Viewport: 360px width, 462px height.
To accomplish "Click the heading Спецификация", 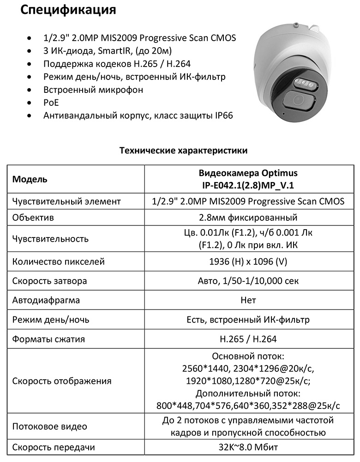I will [x=68, y=10].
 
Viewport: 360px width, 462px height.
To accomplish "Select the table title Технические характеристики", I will [x=183, y=151].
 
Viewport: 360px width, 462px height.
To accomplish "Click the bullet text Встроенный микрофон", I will [x=93, y=90].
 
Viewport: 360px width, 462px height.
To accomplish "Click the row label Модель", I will [x=30, y=179].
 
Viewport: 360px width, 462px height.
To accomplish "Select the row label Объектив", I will [x=33, y=217].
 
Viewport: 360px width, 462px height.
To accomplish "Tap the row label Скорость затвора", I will [x=49, y=281].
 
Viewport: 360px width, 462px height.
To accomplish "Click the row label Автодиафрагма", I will [x=46, y=300].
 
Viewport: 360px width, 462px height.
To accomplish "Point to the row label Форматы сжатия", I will [x=48, y=339].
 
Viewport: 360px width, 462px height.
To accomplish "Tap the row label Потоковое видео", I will [x=49, y=426].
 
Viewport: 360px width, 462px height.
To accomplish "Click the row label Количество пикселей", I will [x=59, y=261].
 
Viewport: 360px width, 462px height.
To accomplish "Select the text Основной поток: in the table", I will [x=248, y=357].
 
